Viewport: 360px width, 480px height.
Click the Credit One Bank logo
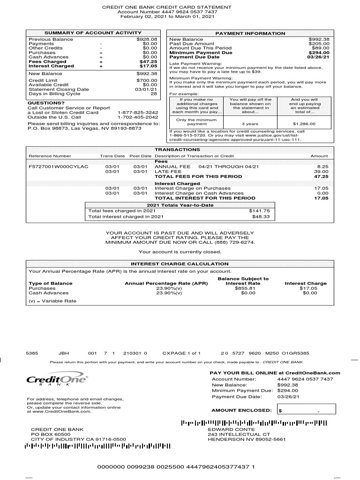[x=57, y=380]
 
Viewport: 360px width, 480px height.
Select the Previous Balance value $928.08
[x=147, y=39]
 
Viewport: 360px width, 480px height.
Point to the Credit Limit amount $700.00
[x=147, y=81]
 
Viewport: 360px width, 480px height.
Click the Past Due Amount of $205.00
[x=319, y=44]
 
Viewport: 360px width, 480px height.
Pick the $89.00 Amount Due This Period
[x=320, y=48]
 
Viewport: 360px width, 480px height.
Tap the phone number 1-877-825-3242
[x=138, y=112]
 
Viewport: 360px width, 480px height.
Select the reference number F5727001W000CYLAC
[x=59, y=166]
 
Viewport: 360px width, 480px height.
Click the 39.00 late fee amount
[x=321, y=172]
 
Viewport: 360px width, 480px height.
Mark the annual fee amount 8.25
[x=322, y=166]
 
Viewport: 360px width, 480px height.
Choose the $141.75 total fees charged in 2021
[x=259, y=211]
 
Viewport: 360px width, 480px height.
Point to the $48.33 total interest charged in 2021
[x=261, y=217]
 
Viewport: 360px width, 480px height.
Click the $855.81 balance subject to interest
[x=245, y=288]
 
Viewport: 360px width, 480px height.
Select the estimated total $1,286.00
[x=304, y=124]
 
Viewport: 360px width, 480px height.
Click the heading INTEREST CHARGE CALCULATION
[x=180, y=264]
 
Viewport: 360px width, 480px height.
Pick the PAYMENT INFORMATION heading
[x=250, y=33]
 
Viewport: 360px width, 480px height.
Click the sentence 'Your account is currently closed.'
[x=180, y=252]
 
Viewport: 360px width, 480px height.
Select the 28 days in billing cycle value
[x=153, y=94]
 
